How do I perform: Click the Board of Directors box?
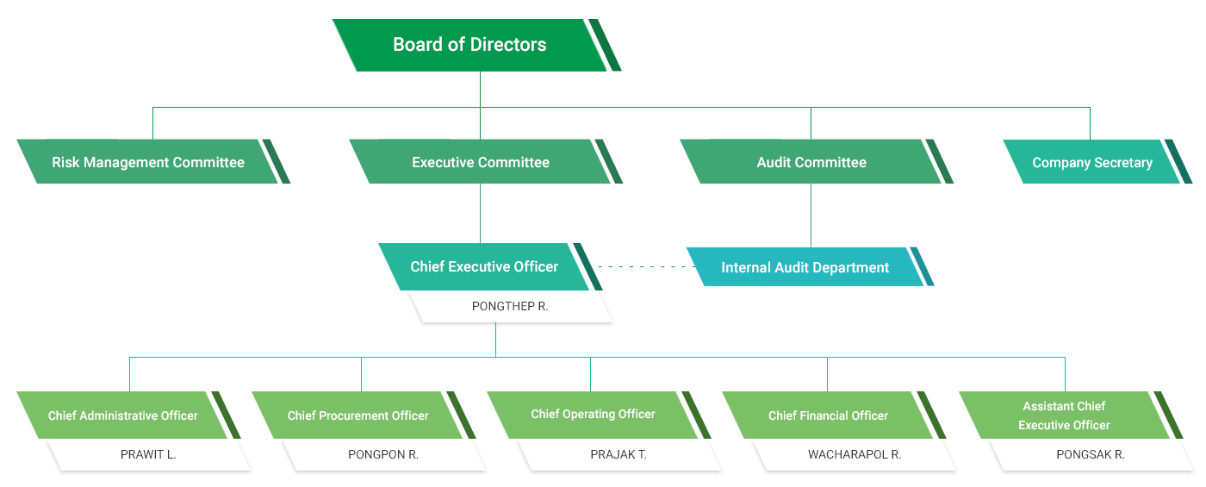469,45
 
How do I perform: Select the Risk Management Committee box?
148,162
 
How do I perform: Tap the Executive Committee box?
481,162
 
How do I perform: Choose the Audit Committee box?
811,162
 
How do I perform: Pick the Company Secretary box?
1091,163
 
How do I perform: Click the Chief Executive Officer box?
484,267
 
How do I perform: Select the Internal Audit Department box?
805,268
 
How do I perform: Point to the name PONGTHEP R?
510,306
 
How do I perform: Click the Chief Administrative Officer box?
123,415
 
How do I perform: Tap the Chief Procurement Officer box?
358,415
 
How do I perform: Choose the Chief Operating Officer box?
594,415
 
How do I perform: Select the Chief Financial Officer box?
828,415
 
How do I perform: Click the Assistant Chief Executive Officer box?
1064,415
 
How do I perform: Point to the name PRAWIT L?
148,454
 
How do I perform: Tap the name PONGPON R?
383,454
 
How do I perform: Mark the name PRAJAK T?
619,454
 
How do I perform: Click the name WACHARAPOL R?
855,454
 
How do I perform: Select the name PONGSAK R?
1091,454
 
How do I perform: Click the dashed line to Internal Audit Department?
642,267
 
